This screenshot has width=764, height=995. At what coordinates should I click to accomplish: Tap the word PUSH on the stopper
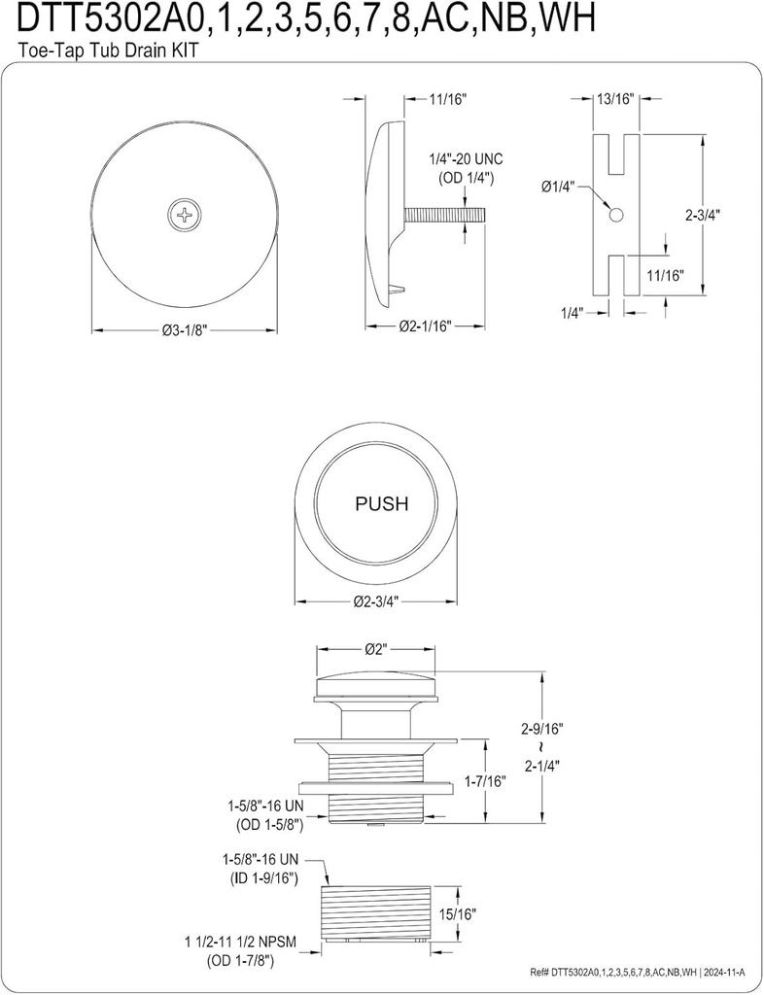tap(381, 504)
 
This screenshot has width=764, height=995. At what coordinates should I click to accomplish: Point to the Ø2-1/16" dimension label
tap(428, 327)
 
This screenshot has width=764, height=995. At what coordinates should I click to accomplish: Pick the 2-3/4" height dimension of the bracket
tap(720, 215)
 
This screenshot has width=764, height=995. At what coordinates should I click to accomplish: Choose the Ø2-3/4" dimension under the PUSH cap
tap(381, 599)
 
